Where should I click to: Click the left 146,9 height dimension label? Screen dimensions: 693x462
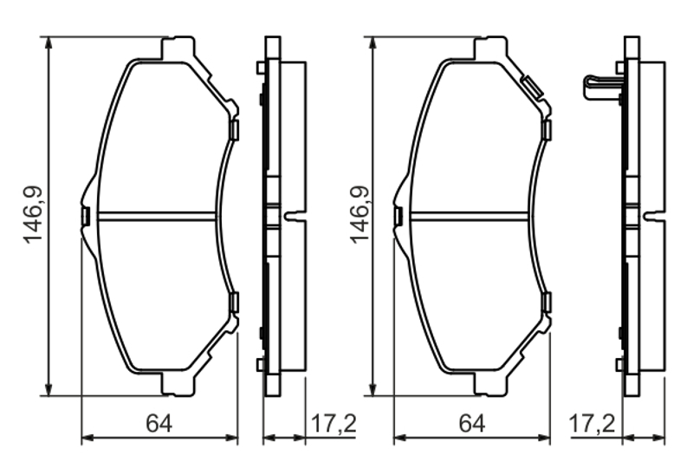pyautogui.click(x=34, y=215)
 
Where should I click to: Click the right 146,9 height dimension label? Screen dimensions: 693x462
pyautogui.click(x=359, y=215)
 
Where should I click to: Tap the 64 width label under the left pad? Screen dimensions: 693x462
pyautogui.click(x=159, y=424)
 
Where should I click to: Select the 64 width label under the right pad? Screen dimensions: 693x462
pyautogui.click(x=472, y=424)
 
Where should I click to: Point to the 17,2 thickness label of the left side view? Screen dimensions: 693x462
pyautogui.click(x=334, y=424)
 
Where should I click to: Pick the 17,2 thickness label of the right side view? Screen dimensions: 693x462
pyautogui.click(x=593, y=424)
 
